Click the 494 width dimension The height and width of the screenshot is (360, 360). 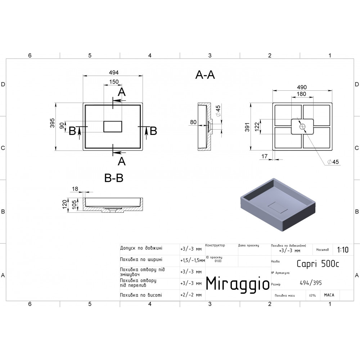(x=114, y=73)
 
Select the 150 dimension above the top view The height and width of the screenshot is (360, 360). (x=114, y=82)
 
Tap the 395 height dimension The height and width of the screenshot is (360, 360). (x=52, y=123)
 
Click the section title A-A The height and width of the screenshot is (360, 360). (x=205, y=75)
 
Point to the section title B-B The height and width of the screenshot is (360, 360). (x=114, y=178)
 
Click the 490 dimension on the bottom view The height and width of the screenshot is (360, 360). (x=302, y=87)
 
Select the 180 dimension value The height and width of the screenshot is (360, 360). (x=301, y=94)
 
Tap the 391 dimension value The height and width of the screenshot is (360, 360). (x=247, y=127)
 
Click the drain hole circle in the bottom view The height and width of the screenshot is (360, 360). (x=302, y=126)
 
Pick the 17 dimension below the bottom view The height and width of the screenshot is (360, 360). (x=265, y=156)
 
